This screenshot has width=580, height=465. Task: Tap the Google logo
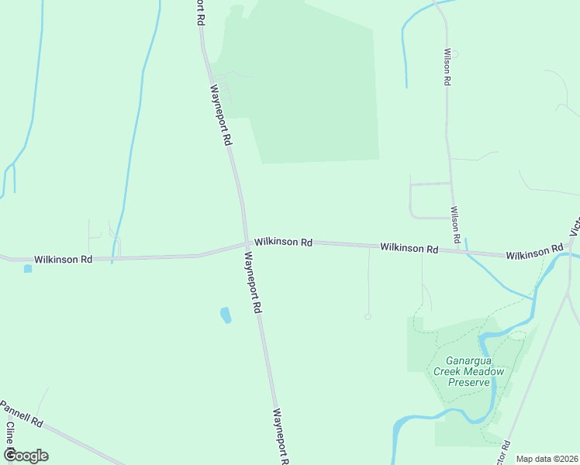pos(25,456)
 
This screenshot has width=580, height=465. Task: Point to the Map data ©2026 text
pos(547,459)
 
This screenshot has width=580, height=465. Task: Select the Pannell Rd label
pos(21,415)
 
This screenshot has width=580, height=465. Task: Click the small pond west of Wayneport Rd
pos(226,315)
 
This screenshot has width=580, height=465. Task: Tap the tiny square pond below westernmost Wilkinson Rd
pos(28,269)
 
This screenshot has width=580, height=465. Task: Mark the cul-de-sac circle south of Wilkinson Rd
pos(368,316)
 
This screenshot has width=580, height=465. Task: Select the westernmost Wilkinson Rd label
pos(63,259)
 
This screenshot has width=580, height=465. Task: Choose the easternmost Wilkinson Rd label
pos(534,253)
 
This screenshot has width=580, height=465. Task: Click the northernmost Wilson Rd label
pos(447,69)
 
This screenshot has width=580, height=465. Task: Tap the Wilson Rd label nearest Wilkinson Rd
pos(456,223)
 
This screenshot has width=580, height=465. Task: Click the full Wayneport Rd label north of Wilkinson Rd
pos(220,115)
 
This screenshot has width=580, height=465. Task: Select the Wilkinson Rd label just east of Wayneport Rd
pos(283,242)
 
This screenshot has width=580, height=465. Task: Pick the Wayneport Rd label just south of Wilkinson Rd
pos(253,281)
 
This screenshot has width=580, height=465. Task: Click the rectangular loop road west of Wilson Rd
pos(430,201)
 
